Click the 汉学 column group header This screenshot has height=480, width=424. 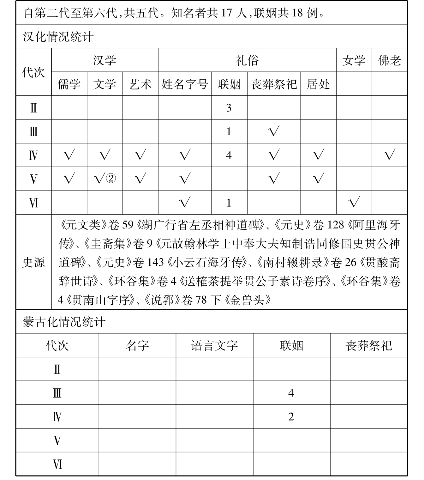[105, 60]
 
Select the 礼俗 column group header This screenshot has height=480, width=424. [247, 60]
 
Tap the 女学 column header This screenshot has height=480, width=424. [354, 60]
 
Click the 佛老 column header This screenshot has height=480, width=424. [390, 60]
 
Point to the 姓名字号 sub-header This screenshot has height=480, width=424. [185, 84]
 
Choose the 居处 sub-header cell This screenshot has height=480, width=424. [318, 84]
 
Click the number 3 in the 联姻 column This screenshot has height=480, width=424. [229, 108]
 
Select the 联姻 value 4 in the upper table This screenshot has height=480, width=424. [229, 155]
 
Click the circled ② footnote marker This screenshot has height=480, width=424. [110, 179]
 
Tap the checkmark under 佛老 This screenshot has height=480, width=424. [390, 155]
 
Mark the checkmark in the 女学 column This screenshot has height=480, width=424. [354, 202]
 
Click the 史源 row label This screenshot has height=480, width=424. [33, 262]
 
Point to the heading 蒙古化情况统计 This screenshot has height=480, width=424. [64, 322]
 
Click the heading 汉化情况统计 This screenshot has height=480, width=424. [58, 37]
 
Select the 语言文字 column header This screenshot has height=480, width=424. [214, 345]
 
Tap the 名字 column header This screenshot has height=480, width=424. [137, 345]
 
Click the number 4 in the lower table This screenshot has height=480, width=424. [291, 393]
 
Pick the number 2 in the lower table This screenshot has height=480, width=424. [291, 416]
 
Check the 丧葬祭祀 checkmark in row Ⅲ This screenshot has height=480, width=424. [274, 131]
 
